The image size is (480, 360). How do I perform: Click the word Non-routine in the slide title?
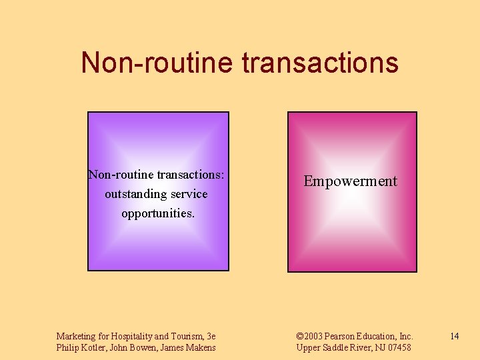tap(156, 63)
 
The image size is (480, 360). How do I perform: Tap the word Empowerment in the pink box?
tap(350, 181)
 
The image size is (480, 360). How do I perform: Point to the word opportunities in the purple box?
tap(158, 214)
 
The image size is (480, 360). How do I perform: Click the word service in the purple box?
tap(189, 195)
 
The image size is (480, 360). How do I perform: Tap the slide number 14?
tap(454, 336)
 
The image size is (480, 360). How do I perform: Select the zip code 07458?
tap(398, 347)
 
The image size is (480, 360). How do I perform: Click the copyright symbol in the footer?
tap(299, 336)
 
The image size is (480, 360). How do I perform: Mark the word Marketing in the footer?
tap(76, 336)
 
